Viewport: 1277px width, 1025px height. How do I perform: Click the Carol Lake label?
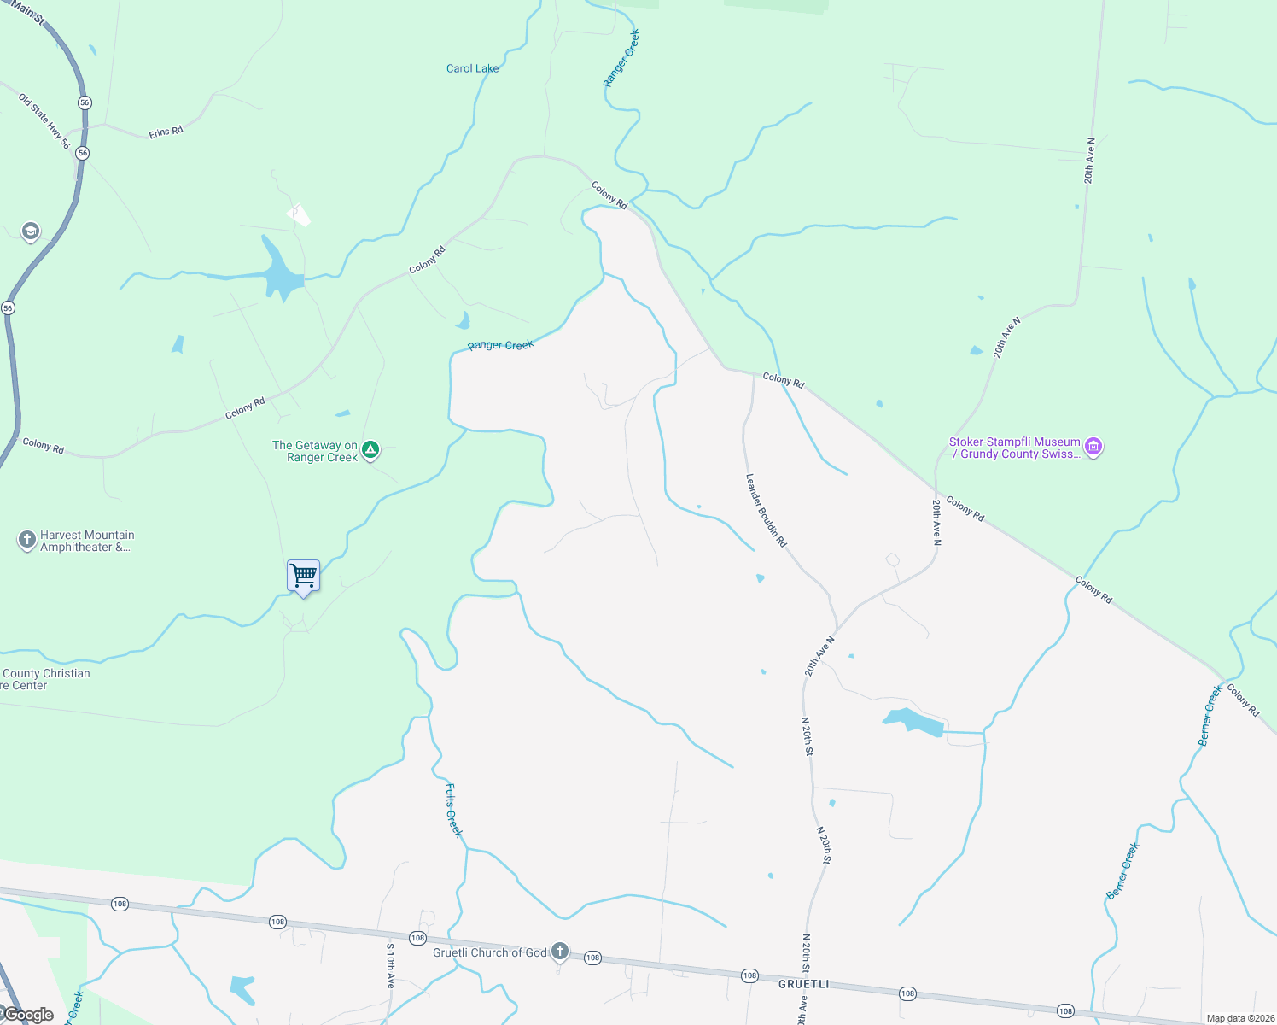click(472, 68)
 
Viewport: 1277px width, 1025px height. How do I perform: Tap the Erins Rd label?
click(166, 132)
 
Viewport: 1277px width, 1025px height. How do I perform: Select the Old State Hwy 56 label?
click(44, 121)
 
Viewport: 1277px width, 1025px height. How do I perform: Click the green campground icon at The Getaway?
click(370, 449)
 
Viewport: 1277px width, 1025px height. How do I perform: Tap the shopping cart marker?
click(303, 576)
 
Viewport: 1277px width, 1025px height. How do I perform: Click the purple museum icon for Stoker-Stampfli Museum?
click(1093, 447)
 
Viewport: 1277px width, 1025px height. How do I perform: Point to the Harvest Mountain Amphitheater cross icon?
click(26, 540)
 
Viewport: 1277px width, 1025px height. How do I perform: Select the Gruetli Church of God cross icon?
click(560, 952)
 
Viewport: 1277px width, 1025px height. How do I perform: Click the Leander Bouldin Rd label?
click(766, 510)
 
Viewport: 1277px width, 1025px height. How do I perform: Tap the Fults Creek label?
click(453, 811)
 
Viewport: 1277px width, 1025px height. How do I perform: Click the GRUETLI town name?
click(803, 984)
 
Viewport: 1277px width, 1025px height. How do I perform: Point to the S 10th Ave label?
click(390, 965)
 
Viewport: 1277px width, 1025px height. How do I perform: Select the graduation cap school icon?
click(31, 231)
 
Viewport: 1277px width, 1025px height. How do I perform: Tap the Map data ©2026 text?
click(1240, 1018)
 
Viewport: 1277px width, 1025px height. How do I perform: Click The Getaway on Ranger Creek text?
click(315, 451)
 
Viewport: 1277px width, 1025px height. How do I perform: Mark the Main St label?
click(28, 12)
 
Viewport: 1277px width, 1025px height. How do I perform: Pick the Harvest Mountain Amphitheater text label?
click(87, 541)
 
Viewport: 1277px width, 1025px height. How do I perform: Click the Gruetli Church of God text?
click(489, 952)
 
